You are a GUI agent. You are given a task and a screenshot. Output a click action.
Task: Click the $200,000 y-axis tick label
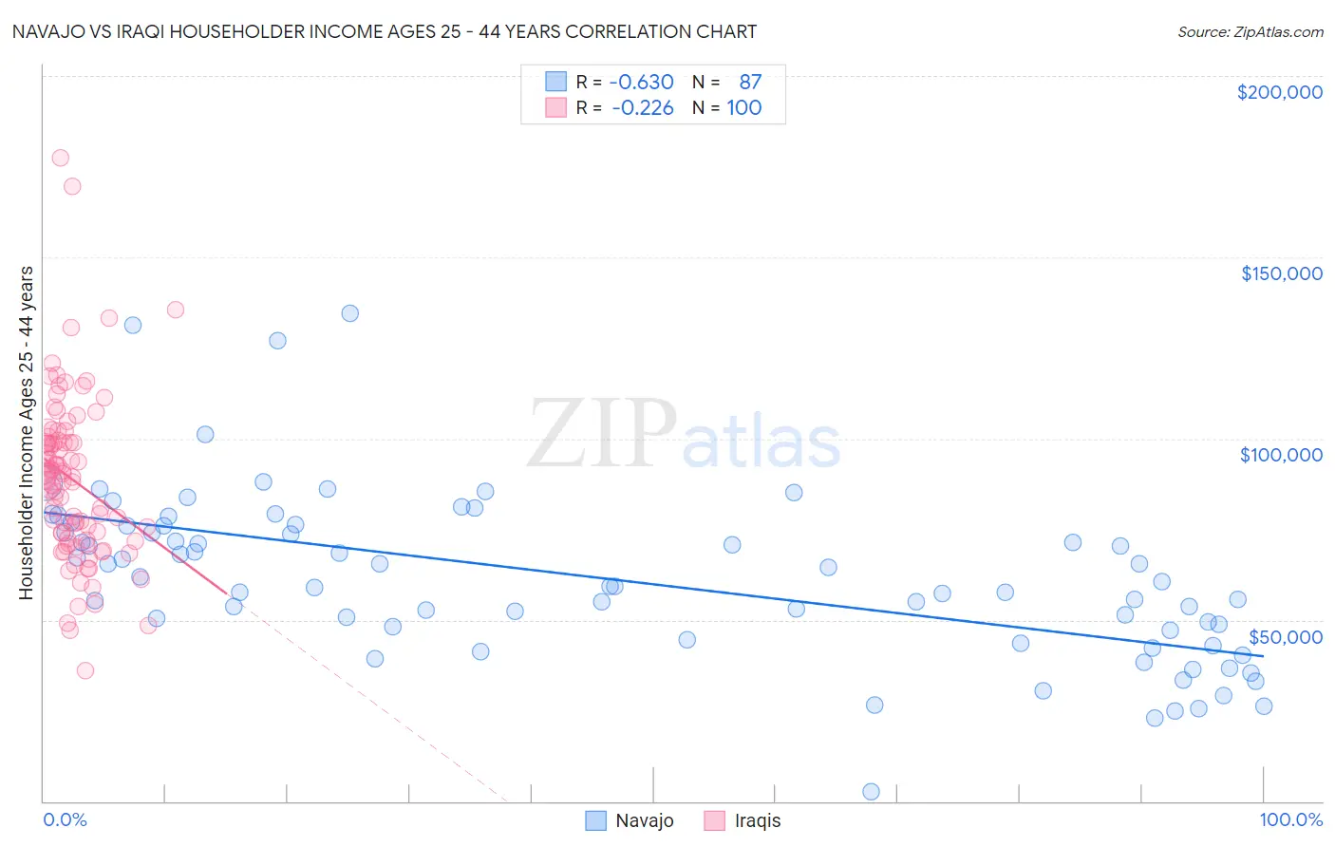[x=1279, y=92]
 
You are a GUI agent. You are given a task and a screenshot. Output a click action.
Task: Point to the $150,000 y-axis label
[x=1281, y=273]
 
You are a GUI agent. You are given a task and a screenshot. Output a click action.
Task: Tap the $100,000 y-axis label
[x=1281, y=455]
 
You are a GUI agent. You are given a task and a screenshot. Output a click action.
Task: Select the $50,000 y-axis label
[x=1285, y=636]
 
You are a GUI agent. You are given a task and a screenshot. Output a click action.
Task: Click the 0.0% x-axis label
[x=65, y=819]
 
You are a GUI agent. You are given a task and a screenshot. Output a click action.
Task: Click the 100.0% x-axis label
[x=1290, y=819]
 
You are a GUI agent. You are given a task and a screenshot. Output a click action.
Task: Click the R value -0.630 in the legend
[x=641, y=82]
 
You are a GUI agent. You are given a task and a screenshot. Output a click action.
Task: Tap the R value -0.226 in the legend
[x=642, y=107]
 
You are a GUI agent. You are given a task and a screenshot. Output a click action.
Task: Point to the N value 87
[x=750, y=82]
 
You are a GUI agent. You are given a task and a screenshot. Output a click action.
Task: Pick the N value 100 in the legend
[x=744, y=107]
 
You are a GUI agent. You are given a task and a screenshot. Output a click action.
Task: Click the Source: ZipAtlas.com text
[x=1250, y=31]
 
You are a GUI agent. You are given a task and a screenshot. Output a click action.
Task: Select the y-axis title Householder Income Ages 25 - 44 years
[x=26, y=432]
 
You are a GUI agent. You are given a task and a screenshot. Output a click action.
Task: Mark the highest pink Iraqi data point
[x=60, y=158]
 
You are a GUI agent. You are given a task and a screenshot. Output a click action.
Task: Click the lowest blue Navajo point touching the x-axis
[x=871, y=791]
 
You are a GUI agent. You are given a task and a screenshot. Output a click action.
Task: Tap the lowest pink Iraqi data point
[x=85, y=670]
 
